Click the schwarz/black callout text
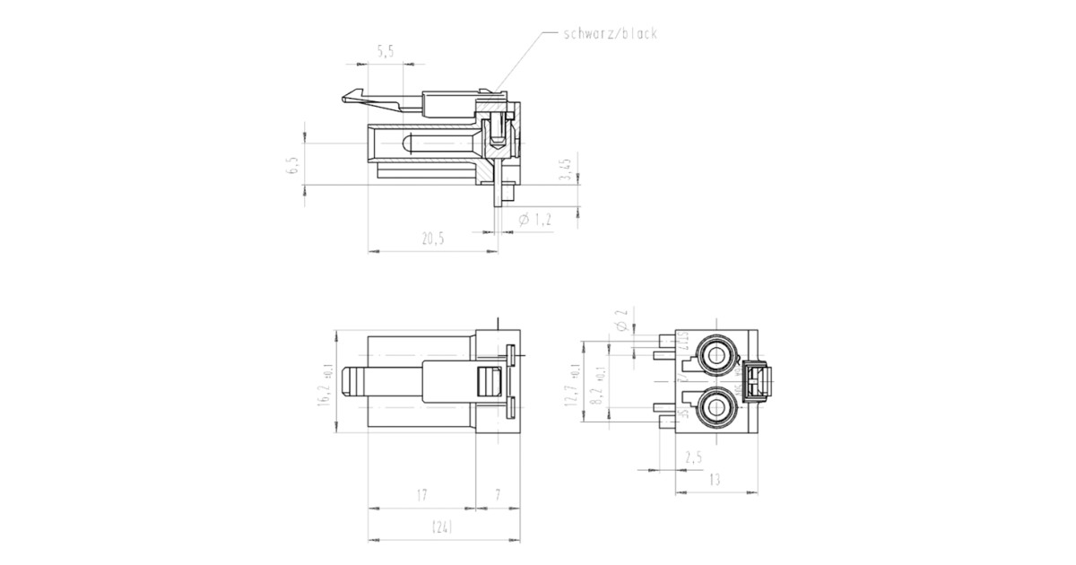coord(610,34)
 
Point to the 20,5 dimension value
coord(432,239)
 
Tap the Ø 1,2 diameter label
coord(535,219)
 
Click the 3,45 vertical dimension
coord(565,169)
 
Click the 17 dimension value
coord(421,495)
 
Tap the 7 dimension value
coord(497,495)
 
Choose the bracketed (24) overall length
coord(441,527)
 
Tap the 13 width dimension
coord(715,480)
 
